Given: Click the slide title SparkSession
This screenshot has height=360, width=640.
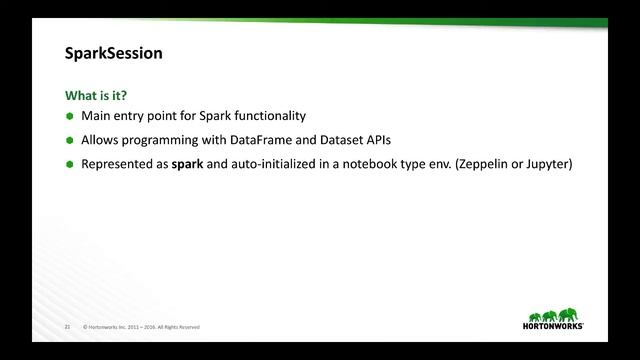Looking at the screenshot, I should (x=113, y=53).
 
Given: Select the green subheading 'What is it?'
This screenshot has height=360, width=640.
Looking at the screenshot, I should (x=96, y=96).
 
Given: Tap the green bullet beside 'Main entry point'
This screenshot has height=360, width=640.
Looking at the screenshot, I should (x=70, y=117).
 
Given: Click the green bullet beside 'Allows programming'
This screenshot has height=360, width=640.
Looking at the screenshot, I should (x=70, y=141).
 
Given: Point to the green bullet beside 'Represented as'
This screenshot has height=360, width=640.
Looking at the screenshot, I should (x=70, y=165).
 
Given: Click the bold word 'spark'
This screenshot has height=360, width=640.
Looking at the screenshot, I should (x=187, y=164).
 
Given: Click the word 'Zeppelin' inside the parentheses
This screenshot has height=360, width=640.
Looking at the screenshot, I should (x=486, y=164).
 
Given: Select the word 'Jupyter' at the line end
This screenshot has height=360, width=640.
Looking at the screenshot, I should (x=548, y=164).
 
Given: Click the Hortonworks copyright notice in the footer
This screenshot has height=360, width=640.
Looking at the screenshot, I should (x=142, y=327).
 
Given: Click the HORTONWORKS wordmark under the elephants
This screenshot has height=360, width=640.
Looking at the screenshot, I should (x=554, y=326).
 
